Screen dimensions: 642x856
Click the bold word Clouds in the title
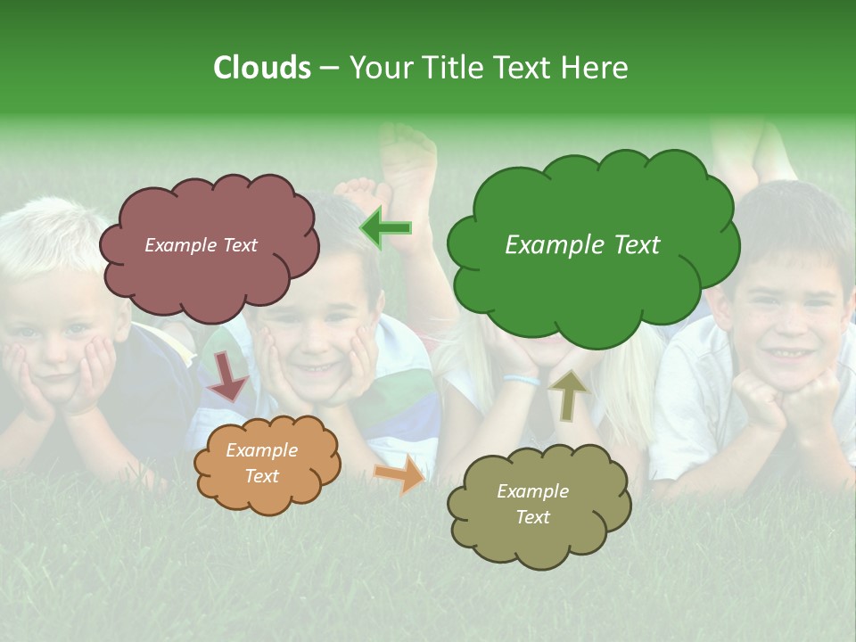261,68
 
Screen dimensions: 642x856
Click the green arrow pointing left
386,228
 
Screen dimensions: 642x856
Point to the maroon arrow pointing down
228,374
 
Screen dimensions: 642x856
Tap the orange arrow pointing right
400,473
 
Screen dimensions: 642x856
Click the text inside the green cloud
582,245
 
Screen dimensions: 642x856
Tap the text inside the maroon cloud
201,245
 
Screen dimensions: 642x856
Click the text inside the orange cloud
261,464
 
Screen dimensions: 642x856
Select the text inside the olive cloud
532,504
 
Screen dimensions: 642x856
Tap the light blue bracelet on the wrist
521,380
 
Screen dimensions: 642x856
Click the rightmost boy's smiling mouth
785,354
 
